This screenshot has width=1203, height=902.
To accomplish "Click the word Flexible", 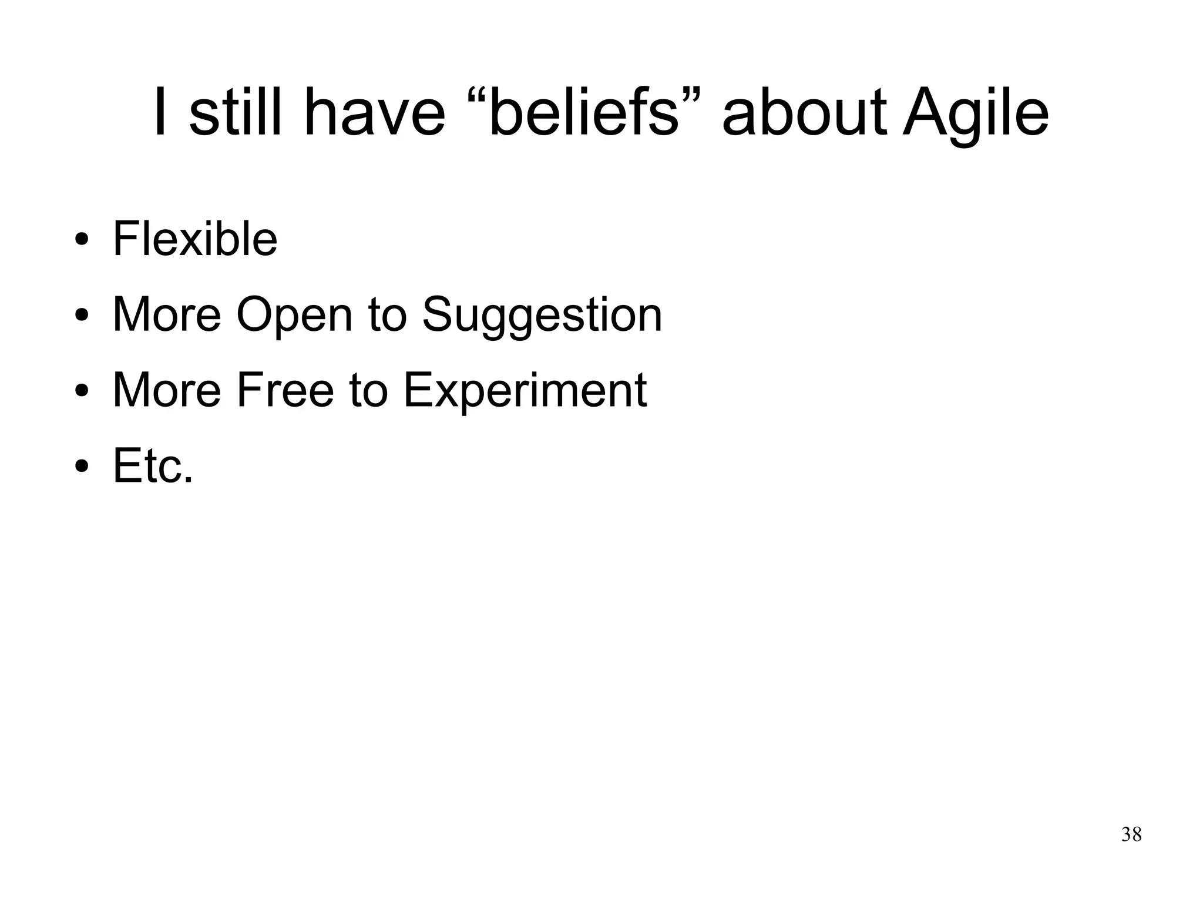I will tap(194, 239).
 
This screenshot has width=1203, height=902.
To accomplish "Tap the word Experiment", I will tap(525, 390).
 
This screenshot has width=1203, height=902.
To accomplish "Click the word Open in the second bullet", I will tap(294, 314).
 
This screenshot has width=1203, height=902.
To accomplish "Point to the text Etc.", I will tap(153, 465).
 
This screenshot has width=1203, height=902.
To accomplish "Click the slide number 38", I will tap(1131, 834).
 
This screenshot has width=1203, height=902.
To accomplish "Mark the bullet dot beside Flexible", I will tap(82, 241).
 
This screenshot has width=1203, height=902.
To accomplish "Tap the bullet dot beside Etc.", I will tap(82, 467).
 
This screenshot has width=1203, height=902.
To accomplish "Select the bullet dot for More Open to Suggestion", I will tap(82, 316).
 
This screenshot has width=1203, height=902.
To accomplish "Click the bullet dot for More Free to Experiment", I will tap(82, 391).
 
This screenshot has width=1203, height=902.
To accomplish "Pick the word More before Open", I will tap(167, 314).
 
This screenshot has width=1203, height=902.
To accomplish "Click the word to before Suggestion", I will tap(387, 314).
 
